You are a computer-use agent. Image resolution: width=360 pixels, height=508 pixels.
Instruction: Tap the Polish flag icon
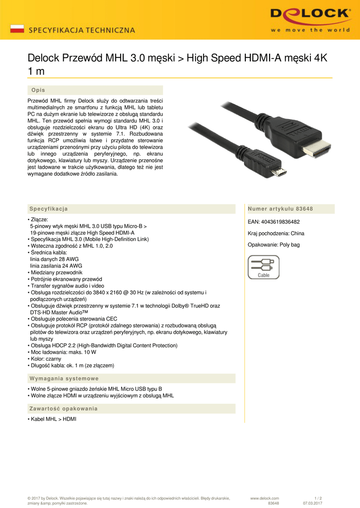pyautogui.click(x=17, y=29)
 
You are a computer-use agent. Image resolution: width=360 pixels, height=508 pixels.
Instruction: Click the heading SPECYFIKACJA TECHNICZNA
pyautogui.click(x=82, y=30)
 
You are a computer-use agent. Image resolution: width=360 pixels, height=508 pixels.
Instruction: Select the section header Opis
pyautogui.click(x=38, y=90)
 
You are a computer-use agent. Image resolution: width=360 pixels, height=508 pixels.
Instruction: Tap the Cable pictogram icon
pyautogui.click(x=263, y=267)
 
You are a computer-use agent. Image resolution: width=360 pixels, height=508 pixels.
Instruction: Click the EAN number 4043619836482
pyautogui.click(x=274, y=222)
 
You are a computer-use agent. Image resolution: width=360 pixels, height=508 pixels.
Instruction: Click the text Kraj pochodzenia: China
pyautogui.click(x=276, y=233)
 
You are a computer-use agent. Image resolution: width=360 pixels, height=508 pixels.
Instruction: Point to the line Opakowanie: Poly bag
pyautogui.click(x=274, y=245)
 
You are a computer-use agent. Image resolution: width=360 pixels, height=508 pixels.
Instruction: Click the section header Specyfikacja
pyautogui.click(x=48, y=208)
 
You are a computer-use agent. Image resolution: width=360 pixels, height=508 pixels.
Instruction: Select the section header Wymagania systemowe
pyautogui.click(x=64, y=379)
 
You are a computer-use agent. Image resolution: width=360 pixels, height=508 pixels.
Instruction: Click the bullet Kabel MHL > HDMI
pyautogui.click(x=53, y=419)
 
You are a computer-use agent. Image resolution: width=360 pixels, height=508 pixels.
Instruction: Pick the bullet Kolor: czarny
pyautogui.click(x=46, y=359)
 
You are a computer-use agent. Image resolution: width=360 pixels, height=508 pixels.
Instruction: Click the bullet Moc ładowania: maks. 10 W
pyautogui.click(x=63, y=352)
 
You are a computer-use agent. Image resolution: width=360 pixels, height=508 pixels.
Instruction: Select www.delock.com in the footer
pyautogui.click(x=265, y=498)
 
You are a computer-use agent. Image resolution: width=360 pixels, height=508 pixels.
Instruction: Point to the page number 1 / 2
pyautogui.click(x=318, y=498)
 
